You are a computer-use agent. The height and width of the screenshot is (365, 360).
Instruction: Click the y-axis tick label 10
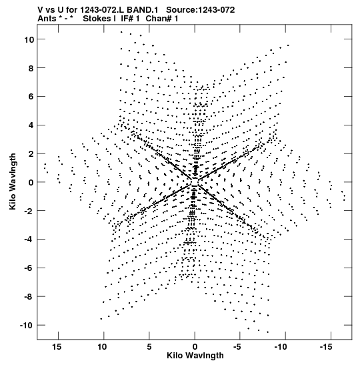point(29,39)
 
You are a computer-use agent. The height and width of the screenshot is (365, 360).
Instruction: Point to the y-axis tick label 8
point(31,68)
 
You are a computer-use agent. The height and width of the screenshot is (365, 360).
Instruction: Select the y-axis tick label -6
point(29,268)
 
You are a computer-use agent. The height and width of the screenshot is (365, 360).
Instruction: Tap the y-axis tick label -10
point(27,325)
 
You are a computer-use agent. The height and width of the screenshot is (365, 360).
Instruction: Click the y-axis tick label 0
point(31,182)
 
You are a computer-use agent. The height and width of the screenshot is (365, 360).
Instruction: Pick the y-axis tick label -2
point(29,211)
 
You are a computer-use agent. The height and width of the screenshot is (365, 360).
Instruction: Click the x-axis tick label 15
point(57,347)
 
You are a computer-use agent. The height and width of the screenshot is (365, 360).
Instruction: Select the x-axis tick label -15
point(326,347)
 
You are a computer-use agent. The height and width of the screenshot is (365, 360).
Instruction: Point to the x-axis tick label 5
point(149,347)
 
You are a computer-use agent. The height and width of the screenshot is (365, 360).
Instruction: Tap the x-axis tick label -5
point(237,347)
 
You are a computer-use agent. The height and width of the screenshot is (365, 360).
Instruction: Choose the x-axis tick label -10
point(281,347)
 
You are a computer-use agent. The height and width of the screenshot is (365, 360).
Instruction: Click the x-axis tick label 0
point(195,347)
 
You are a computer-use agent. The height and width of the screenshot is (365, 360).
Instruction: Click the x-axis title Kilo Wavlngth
point(195,356)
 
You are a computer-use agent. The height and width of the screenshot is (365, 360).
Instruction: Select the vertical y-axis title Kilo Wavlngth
point(13,181)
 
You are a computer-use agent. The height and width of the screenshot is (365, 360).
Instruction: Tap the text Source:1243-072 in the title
point(201,10)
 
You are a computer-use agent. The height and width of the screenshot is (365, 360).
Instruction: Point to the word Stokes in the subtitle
point(99,19)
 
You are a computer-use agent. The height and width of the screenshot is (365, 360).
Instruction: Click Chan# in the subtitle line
point(159,19)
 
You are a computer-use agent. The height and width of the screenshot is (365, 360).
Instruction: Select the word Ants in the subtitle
point(47,19)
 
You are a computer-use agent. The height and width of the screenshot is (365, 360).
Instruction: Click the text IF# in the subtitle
point(127,19)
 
